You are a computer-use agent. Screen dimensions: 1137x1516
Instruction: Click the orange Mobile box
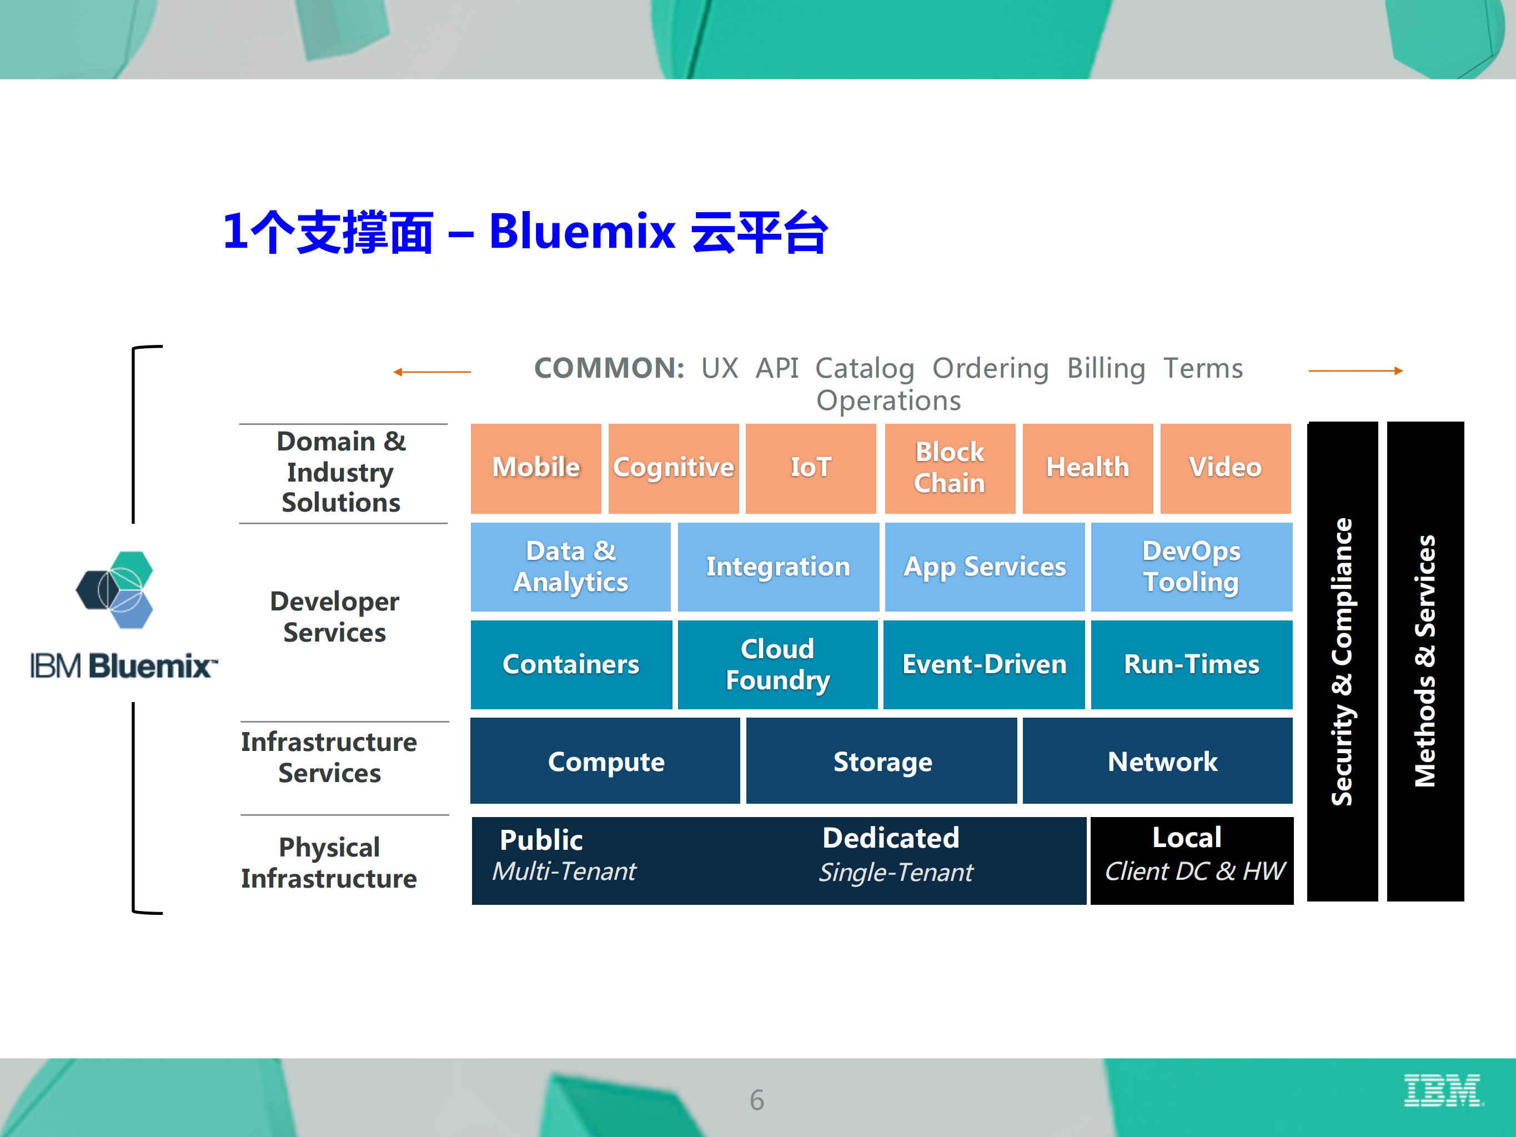(x=535, y=468)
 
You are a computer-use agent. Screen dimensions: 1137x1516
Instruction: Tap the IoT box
(x=810, y=468)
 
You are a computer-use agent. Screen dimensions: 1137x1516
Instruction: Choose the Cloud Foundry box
(x=777, y=664)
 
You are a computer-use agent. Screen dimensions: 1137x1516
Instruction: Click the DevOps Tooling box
(x=1191, y=567)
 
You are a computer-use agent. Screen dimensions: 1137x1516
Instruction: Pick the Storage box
(x=881, y=762)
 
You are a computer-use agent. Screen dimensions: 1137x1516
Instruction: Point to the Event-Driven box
(x=983, y=664)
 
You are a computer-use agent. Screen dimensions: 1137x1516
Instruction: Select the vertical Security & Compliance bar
(x=1342, y=662)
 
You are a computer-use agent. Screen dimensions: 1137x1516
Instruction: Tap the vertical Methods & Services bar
(x=1425, y=662)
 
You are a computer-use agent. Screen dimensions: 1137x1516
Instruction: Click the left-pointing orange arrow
(x=432, y=372)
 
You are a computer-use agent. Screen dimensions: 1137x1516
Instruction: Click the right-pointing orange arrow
(x=1355, y=371)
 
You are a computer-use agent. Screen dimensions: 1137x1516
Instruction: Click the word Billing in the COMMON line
(x=1106, y=369)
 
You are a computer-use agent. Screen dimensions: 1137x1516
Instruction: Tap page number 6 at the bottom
(x=757, y=1099)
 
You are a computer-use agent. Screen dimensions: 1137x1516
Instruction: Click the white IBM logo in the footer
(x=1443, y=1090)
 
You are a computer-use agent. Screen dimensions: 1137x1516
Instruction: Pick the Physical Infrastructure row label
(x=329, y=863)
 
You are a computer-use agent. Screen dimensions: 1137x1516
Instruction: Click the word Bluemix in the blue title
(x=582, y=232)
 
